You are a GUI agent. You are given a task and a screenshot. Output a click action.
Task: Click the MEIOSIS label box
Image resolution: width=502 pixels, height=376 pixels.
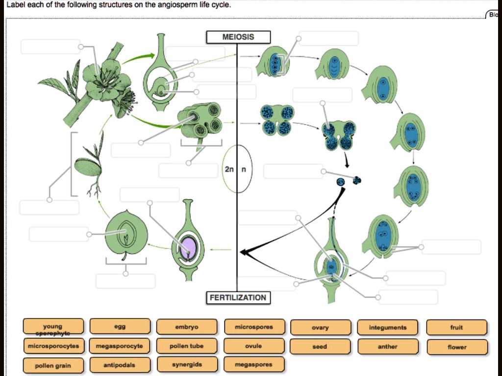tap(238, 37)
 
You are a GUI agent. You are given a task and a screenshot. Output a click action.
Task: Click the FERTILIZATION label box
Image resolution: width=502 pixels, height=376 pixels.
tap(238, 297)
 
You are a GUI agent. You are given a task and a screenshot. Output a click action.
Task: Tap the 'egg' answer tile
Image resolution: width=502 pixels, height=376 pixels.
tap(120, 327)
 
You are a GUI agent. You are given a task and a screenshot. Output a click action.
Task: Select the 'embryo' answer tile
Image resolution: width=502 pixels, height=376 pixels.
tap(187, 327)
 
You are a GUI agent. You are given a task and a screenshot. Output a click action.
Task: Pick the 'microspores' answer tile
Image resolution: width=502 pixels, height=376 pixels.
tap(254, 327)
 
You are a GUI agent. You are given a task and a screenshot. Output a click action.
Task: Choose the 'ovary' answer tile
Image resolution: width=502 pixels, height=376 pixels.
tap(320, 327)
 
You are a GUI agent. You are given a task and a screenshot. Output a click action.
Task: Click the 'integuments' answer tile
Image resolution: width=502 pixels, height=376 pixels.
tap(388, 327)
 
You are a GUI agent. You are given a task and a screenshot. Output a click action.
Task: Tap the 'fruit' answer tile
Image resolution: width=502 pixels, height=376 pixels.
tap(456, 327)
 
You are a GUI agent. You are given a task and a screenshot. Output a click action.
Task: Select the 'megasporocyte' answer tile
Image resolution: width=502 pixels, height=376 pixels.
tap(120, 346)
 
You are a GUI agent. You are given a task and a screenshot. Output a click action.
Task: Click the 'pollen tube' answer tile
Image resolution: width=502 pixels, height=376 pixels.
tap(187, 346)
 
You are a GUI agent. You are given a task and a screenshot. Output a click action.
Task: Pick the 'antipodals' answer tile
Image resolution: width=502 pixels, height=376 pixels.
tap(120, 365)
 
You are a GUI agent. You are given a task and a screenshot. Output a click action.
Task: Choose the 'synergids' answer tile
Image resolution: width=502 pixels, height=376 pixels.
tap(187, 365)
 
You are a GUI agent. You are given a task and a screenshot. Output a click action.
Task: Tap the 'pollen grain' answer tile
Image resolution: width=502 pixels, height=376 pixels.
tap(53, 366)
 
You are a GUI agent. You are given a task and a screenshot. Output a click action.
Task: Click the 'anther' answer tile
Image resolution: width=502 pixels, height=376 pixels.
tap(388, 347)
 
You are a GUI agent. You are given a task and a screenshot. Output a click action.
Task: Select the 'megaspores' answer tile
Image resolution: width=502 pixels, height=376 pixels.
tap(254, 365)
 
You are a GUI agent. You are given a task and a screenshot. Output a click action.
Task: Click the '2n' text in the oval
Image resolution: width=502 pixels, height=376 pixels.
tap(229, 169)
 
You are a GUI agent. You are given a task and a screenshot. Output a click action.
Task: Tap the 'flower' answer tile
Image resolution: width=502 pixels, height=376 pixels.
tap(457, 347)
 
